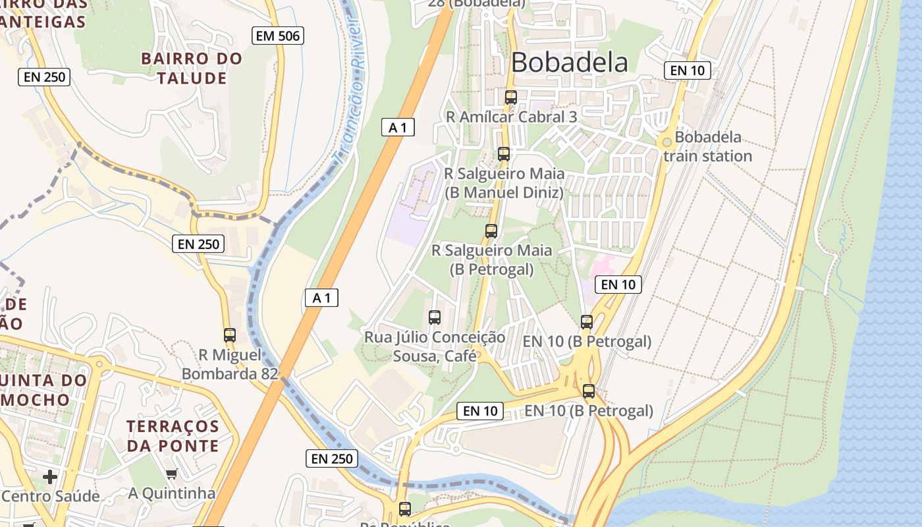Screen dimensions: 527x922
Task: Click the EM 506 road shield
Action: [278, 36]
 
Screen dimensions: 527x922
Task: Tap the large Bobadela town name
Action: [569, 63]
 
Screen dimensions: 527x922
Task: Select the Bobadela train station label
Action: [707, 147]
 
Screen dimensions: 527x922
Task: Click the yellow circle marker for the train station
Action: [666, 141]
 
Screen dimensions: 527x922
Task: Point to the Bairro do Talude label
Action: [192, 69]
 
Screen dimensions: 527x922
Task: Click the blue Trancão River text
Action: [348, 89]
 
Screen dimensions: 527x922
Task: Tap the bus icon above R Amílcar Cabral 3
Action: [511, 97]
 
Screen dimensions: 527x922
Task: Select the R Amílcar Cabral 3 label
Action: [511, 117]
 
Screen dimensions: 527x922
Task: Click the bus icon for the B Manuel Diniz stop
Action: [504, 154]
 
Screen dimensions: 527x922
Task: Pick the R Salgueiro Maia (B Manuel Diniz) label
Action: [504, 183]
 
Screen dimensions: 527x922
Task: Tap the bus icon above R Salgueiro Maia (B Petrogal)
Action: [491, 231]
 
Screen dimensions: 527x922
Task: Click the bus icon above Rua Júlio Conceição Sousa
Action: [435, 318]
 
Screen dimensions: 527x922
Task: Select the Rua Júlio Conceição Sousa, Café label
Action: [435, 347]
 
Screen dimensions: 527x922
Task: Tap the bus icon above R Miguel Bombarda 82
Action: [230, 335]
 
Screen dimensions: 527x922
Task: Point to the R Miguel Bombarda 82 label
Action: [229, 364]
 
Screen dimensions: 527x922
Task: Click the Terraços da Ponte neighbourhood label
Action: [173, 436]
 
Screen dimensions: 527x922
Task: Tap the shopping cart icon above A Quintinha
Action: [172, 474]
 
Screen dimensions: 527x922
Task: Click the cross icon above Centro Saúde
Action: [50, 476]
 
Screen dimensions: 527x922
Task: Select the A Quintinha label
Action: [172, 493]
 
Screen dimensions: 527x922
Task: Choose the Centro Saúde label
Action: [50, 496]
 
